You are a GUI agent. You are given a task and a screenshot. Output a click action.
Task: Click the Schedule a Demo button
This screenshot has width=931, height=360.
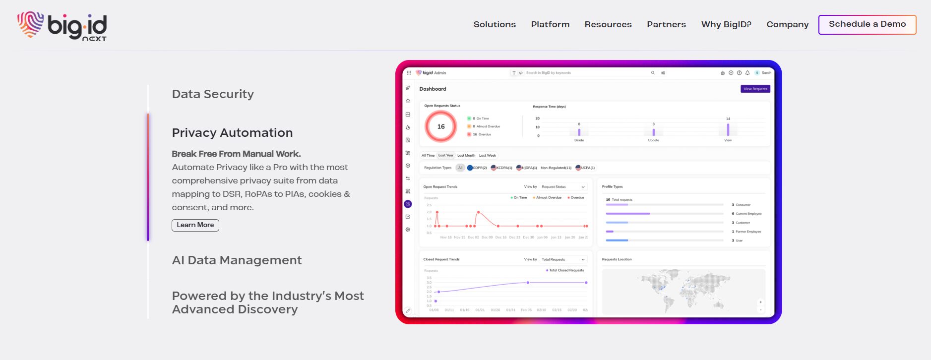(867, 24)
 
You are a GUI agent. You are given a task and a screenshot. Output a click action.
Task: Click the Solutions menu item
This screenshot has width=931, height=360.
(494, 24)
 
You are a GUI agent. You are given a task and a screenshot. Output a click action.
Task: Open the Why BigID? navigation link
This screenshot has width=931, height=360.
(726, 24)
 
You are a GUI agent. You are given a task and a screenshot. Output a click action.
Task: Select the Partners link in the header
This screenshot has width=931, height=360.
(666, 24)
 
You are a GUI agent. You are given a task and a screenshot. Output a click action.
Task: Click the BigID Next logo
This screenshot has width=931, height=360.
(62, 26)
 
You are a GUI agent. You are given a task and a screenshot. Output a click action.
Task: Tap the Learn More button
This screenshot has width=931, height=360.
(195, 225)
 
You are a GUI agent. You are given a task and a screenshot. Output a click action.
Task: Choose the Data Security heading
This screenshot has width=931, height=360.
(212, 94)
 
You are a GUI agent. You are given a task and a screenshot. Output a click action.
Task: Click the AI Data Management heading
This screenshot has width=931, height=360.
(236, 260)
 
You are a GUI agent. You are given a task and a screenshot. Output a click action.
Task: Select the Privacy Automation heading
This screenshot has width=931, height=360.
(232, 133)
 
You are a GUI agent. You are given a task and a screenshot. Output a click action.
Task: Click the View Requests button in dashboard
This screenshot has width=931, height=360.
(755, 89)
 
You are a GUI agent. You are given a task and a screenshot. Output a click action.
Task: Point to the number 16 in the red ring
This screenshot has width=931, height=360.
(440, 126)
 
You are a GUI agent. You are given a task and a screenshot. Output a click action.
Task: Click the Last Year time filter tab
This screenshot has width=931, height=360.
(445, 155)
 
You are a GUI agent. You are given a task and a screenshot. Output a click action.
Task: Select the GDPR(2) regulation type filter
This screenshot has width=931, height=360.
(477, 168)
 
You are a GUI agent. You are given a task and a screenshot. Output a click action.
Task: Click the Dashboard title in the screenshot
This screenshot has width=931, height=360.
(433, 89)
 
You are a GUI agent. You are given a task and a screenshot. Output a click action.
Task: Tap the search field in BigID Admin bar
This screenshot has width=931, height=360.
(585, 73)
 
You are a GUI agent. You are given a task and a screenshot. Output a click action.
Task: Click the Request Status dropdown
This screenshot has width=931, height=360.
(562, 187)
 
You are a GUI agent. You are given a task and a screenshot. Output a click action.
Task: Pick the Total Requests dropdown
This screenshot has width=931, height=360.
(562, 259)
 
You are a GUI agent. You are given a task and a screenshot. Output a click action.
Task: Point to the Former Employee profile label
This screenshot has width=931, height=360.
(748, 232)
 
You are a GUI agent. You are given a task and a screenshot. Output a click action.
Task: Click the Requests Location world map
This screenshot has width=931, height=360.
(683, 291)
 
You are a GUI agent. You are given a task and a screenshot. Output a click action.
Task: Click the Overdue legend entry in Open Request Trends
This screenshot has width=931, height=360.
(576, 197)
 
